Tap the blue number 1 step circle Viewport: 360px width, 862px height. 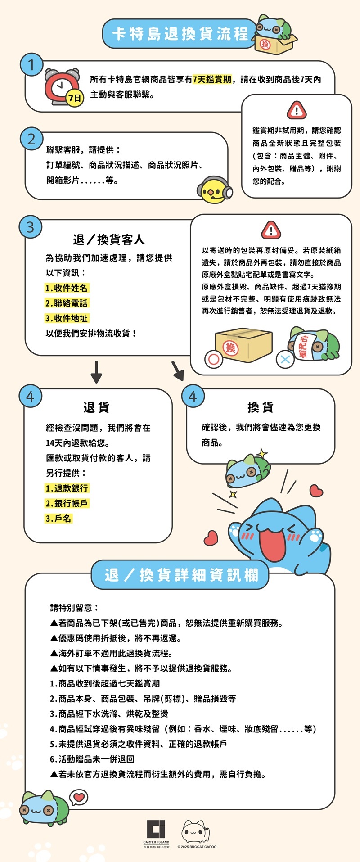[31, 65]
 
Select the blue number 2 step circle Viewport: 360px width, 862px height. [31, 139]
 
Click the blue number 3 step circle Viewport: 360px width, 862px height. [31, 227]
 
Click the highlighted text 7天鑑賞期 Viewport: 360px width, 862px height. [212, 79]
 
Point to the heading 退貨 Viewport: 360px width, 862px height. [96, 407]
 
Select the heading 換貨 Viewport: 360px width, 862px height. [261, 407]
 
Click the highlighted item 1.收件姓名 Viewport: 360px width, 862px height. [67, 288]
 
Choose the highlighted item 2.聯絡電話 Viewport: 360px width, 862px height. [67, 303]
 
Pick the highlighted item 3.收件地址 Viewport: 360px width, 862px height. [67, 318]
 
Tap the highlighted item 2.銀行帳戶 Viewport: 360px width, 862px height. [67, 503]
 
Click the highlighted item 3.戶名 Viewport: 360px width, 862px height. [58, 519]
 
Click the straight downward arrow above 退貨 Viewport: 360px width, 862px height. [96, 372]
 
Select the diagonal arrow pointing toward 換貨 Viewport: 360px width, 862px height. [178, 370]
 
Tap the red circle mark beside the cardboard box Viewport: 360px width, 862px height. [214, 359]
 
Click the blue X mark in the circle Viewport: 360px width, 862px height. [285, 359]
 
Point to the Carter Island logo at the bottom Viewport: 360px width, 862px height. [156, 835]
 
